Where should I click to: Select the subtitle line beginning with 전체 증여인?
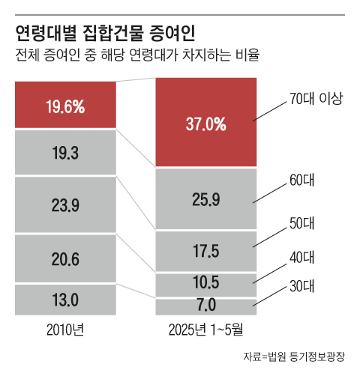coord(136,56)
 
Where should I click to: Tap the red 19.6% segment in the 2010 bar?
coord(64,106)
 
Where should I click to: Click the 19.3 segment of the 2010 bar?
coord(64,154)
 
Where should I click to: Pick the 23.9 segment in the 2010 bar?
coord(64,205)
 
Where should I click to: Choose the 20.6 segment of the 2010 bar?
coord(64,258)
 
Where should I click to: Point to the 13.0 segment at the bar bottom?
coord(64,300)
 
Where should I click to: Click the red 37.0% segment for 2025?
coord(205,124)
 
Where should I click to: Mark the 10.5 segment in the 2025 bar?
coord(205,284)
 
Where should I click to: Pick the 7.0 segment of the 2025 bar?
coord(205,306)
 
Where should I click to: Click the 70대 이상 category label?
coord(315,98)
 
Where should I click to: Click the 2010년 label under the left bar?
coord(64,329)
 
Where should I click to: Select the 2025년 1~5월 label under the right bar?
coord(205,329)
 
